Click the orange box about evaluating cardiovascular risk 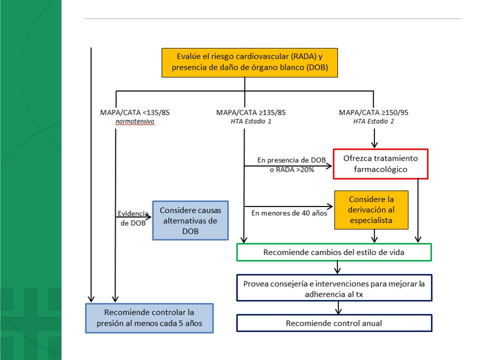tap(249, 62)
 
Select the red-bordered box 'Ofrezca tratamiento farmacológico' tap(380, 164)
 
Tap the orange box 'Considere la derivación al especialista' tap(371, 209)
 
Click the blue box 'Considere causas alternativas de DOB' tap(190, 220)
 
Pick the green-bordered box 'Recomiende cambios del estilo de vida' tap(334, 252)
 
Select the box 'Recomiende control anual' tap(334, 323)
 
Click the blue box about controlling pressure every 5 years tap(149, 318)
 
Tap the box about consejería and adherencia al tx tap(334, 288)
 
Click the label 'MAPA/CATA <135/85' tap(134, 112)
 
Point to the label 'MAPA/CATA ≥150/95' tap(373, 112)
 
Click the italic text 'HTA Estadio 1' tap(251, 121)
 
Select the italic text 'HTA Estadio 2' tap(373, 121)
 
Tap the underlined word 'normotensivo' tap(134, 121)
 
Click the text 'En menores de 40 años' tap(289, 213)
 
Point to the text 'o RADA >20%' tap(291, 169)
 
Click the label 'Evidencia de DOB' tap(133, 218)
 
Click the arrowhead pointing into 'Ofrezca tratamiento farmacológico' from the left tap(329, 166)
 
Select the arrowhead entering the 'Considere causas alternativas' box tap(148, 217)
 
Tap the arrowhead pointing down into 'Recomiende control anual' tap(338, 311)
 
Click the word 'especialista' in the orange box tap(371, 220)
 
